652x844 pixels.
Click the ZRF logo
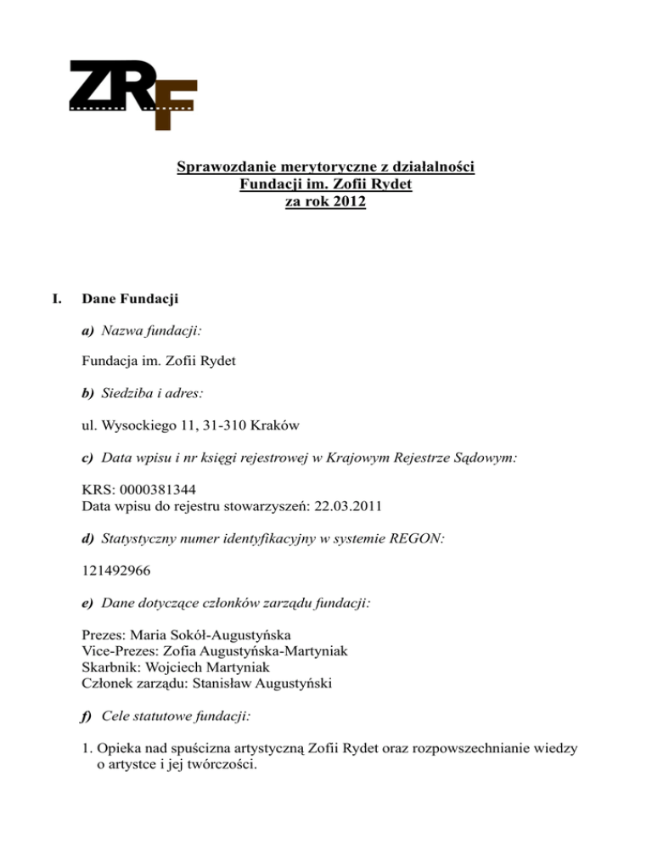132,93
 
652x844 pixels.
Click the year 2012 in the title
346,203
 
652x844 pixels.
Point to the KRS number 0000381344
161,488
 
